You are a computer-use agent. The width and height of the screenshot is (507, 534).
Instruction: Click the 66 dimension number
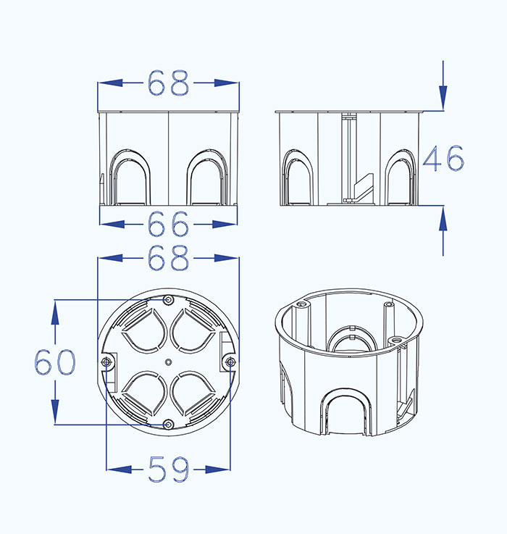[168, 224]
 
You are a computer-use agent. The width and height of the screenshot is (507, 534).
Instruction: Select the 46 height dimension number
[443, 158]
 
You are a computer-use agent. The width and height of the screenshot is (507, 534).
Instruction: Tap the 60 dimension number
[55, 362]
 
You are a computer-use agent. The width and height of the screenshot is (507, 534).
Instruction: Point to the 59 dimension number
[169, 470]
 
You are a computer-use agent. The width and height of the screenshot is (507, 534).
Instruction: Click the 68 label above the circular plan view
[168, 258]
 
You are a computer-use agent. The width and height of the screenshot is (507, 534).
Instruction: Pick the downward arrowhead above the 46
[443, 98]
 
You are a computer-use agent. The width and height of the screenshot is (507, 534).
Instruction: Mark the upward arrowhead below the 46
[443, 218]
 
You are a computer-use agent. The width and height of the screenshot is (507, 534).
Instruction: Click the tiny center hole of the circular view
[168, 362]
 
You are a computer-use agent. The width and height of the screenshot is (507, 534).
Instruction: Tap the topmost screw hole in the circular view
[168, 300]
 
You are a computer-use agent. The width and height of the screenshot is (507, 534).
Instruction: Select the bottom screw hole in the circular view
[168, 425]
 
